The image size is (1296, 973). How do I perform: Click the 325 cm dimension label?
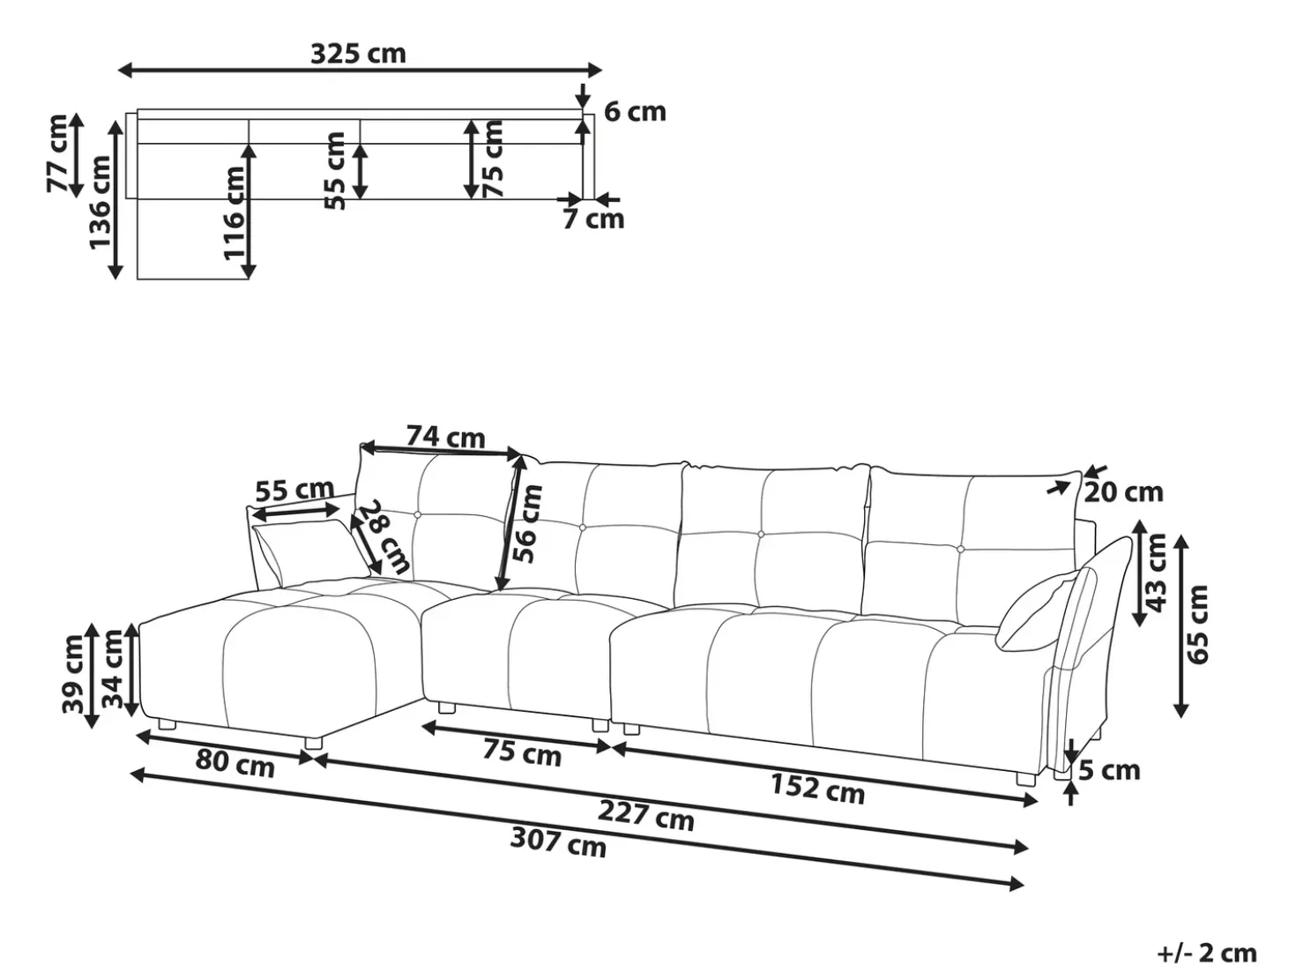point(358,54)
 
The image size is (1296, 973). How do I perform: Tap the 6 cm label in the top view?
point(635,112)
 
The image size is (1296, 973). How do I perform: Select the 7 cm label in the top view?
point(592,219)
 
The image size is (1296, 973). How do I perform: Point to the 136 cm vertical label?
point(101,202)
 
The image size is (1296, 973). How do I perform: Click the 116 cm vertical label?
point(234,213)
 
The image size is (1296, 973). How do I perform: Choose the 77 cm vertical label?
point(57,153)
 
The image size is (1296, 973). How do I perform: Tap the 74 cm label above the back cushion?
point(446,438)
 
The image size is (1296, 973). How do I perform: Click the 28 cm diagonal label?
point(384,537)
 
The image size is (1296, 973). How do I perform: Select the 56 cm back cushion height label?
point(527,523)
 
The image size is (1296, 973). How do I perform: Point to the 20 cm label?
point(1123,492)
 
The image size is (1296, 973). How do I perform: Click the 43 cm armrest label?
point(1156,573)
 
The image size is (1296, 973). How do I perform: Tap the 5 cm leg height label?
point(1109,770)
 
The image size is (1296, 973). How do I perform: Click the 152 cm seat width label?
point(818,788)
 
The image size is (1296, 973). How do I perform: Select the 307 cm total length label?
point(559,842)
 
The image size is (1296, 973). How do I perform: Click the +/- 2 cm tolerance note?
point(1208,953)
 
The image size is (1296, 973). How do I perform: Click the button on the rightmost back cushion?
point(961,550)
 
